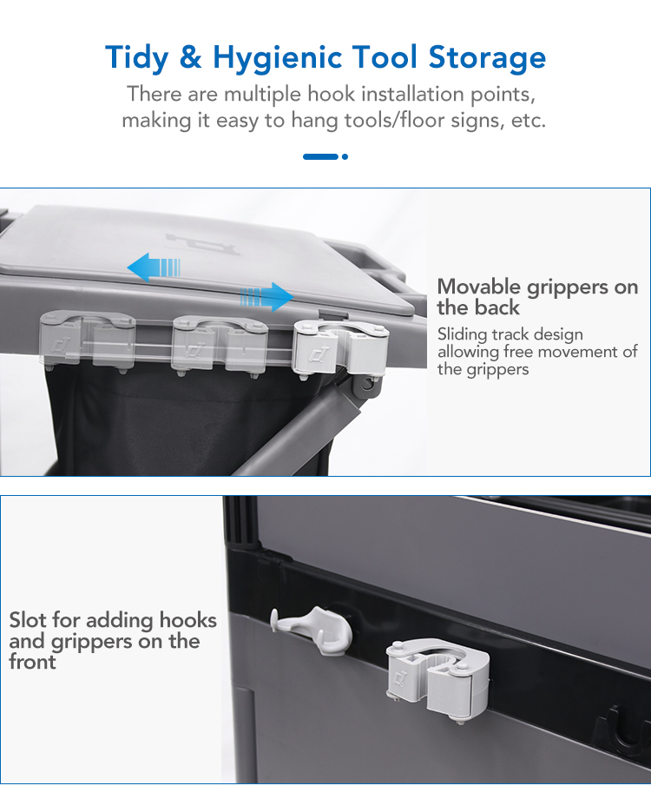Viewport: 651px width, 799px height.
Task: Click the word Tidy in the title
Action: coord(136,57)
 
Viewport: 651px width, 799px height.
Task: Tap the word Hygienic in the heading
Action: coord(277,57)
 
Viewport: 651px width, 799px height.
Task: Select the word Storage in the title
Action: coord(487,57)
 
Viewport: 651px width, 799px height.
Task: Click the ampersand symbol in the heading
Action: coord(190,56)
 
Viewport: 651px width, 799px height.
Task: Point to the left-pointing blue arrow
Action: coord(154,267)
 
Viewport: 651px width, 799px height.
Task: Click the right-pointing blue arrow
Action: coord(267,297)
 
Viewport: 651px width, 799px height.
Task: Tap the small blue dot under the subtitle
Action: coord(345,157)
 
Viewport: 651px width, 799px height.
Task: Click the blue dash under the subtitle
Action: coord(320,157)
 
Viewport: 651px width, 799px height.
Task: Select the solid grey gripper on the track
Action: coord(340,349)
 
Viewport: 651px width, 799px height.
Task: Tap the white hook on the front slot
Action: coord(312,630)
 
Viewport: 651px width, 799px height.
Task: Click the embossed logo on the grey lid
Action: coord(202,243)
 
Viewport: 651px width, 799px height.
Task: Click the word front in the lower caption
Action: coord(32,662)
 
